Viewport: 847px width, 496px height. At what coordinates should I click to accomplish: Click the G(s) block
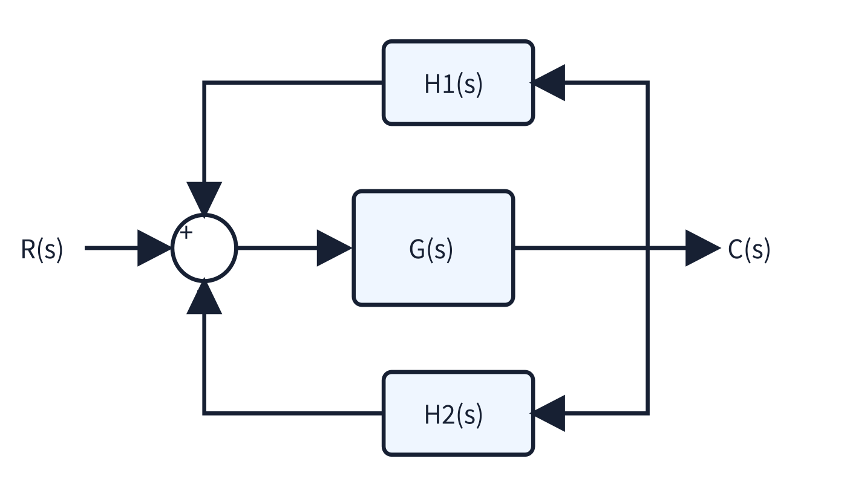[x=433, y=248]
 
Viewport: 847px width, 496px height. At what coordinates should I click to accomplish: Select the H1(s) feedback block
[x=459, y=82]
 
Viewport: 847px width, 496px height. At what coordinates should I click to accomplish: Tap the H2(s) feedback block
[x=459, y=414]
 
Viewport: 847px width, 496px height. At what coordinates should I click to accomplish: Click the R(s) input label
[x=42, y=249]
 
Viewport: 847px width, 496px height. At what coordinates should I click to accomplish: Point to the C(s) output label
[x=749, y=249]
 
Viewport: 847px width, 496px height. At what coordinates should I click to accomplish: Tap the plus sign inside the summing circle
[x=186, y=232]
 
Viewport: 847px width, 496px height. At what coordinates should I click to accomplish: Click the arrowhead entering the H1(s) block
[x=548, y=83]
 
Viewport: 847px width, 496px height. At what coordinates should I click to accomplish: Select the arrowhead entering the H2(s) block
[x=548, y=414]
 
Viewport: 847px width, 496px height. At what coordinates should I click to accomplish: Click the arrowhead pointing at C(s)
[x=703, y=248]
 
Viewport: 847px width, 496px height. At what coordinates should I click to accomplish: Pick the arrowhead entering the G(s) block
[x=334, y=248]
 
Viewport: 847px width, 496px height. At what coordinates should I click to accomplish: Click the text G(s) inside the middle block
[x=431, y=249]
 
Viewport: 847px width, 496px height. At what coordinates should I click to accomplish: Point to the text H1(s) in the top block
[x=453, y=84]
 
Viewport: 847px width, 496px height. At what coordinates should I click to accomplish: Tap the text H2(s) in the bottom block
[x=453, y=415]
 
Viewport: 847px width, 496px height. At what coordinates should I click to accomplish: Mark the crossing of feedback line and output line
[x=648, y=248]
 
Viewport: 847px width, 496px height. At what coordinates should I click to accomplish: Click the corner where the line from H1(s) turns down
[x=204, y=82]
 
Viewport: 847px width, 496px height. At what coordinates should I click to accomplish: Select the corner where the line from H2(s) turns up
[x=204, y=413]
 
